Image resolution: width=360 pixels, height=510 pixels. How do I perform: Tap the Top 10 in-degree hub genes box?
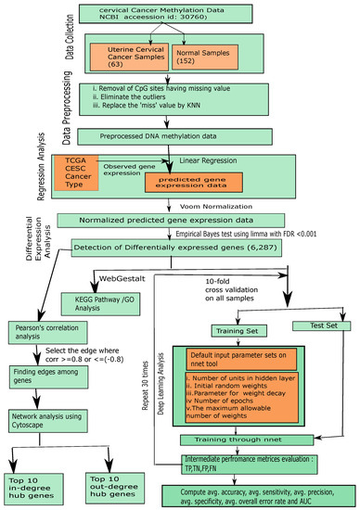point(36,483)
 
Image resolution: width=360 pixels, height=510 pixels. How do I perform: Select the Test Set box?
point(315,325)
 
